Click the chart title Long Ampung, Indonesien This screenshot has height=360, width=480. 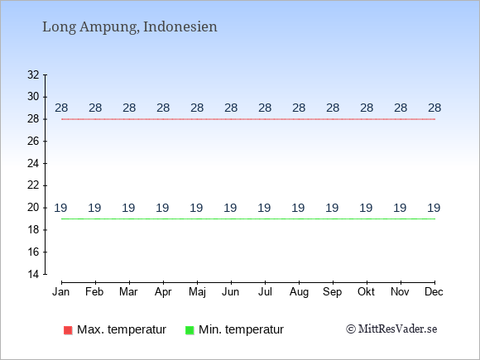click(130, 27)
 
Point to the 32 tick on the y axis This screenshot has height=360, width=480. click(33, 74)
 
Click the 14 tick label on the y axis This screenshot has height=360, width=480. click(33, 274)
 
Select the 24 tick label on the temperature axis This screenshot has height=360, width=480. click(33, 163)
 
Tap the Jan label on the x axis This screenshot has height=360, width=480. click(61, 292)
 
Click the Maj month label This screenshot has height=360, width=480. click(197, 292)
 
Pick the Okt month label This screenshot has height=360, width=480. click(366, 292)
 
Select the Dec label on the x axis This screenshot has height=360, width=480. click(434, 292)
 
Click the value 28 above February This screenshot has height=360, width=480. click(95, 108)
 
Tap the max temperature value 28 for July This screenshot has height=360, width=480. click(265, 108)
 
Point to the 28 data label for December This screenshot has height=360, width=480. click(434, 108)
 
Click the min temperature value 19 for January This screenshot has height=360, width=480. click(60, 208)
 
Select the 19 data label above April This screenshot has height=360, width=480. click(162, 208)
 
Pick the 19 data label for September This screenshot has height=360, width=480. click(332, 208)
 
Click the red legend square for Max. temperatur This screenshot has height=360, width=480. click(68, 330)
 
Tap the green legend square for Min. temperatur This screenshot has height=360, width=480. click(190, 330)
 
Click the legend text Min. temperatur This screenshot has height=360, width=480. click(241, 329)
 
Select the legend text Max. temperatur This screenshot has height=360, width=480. click(122, 329)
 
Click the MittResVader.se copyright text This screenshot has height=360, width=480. click(391, 329)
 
